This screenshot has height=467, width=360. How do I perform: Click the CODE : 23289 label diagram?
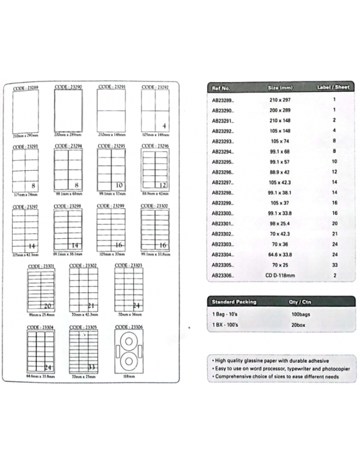pyautogui.click(x=27, y=111)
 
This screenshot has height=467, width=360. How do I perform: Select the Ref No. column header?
pyautogui.click(x=221, y=88)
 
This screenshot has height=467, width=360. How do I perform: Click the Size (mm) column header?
pyautogui.click(x=280, y=88)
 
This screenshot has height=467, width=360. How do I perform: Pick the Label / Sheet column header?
pyautogui.click(x=333, y=88)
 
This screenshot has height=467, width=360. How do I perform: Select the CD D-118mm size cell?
pyautogui.click(x=280, y=276)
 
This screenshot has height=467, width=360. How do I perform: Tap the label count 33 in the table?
pyautogui.click(x=333, y=265)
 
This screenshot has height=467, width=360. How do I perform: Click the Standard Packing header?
pyautogui.click(x=230, y=302)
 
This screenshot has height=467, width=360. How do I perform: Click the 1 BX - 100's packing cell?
pyautogui.click(x=227, y=324)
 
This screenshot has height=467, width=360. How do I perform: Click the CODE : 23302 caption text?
pyautogui.click(x=83, y=266)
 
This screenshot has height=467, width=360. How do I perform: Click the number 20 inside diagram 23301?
pyautogui.click(x=47, y=306)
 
